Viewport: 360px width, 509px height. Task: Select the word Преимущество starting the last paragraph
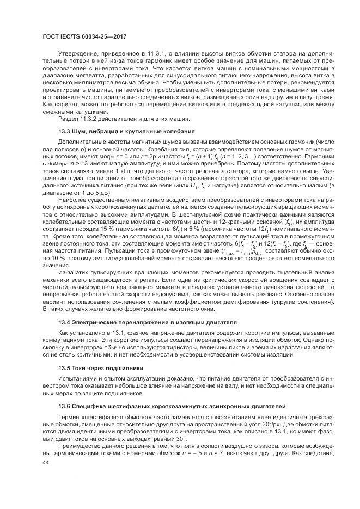[82, 445]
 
